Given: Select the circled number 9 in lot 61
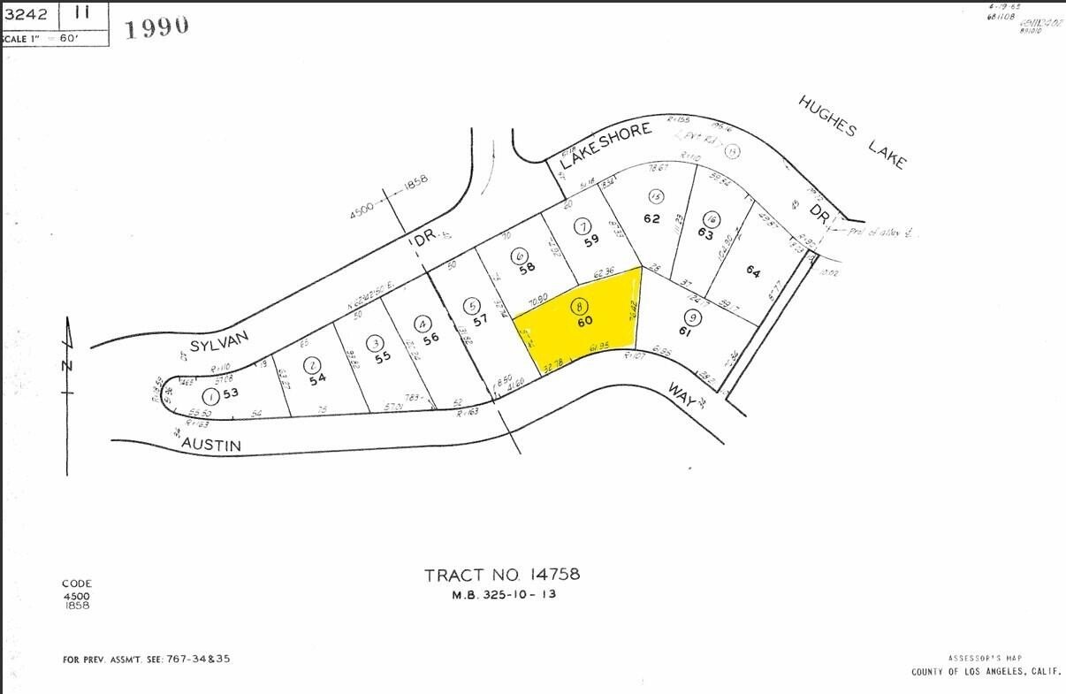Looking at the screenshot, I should point(693,317).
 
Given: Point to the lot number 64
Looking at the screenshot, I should point(752,271).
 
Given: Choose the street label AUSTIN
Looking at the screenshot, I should point(211,446).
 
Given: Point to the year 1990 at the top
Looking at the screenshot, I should point(156,27).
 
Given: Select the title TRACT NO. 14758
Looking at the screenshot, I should point(502,575).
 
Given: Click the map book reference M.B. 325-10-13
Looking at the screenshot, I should point(504,594).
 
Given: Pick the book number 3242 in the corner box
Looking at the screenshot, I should point(24,13).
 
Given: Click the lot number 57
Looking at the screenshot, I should point(480,320).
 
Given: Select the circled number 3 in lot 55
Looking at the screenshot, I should point(377,343).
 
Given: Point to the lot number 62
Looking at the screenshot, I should point(651,217).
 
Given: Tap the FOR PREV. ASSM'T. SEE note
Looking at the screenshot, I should point(146,659).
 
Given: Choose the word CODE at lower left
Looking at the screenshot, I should point(76,583).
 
